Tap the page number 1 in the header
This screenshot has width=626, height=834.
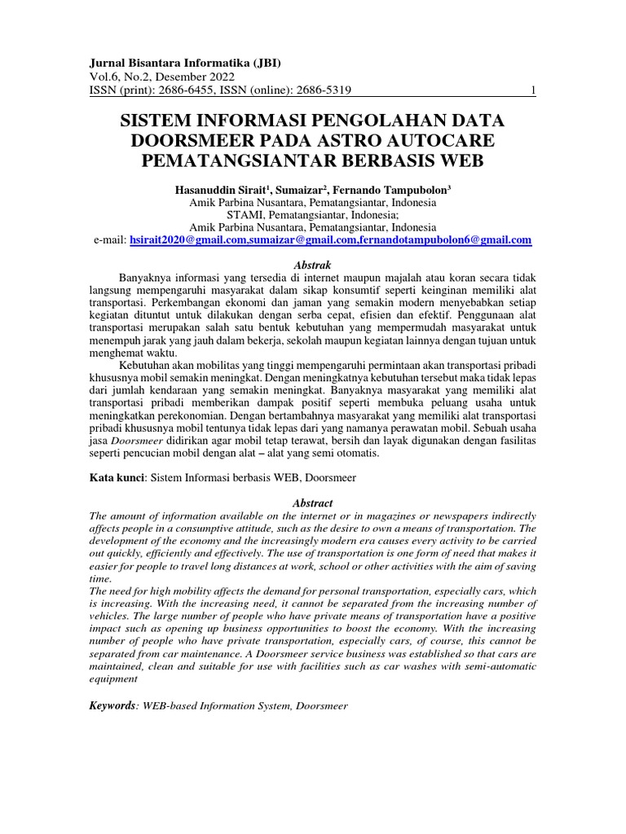[x=533, y=91]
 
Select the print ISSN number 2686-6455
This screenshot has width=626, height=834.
[x=186, y=91]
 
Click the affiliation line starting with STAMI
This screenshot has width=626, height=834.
[x=312, y=215]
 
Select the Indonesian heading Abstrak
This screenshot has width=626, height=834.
[x=312, y=265]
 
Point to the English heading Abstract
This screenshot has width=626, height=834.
[x=312, y=503]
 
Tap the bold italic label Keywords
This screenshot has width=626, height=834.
[x=112, y=705]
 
